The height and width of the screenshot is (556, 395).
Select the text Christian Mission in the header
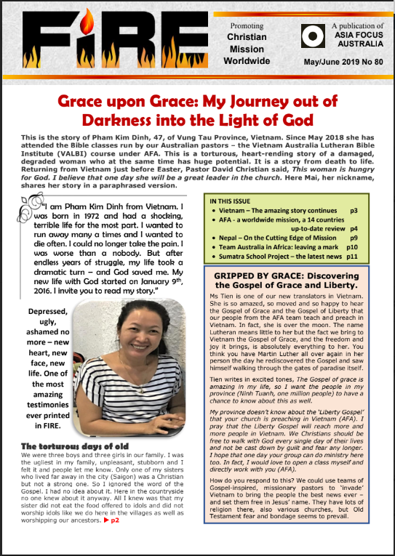[x=247, y=43]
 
